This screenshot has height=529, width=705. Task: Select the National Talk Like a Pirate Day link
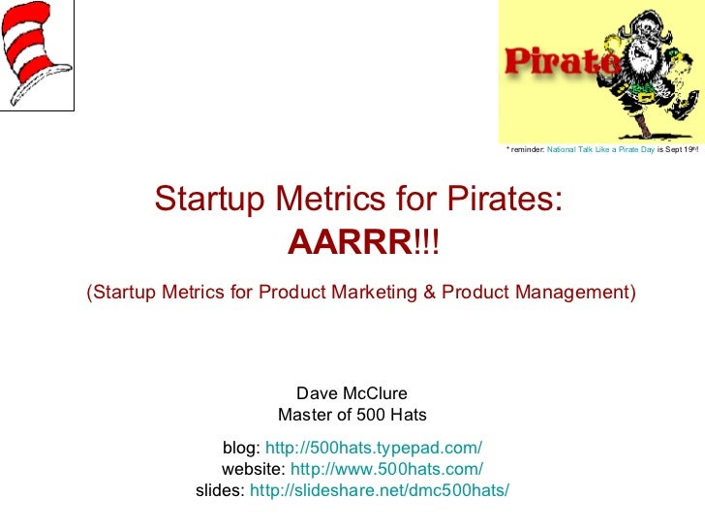click(600, 150)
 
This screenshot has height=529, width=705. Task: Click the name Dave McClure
click(352, 393)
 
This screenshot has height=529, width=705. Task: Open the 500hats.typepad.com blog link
click(373, 448)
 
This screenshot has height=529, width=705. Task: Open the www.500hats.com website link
click(386, 469)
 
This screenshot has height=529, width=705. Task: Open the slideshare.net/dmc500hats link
click(379, 490)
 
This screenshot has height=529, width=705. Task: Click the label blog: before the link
click(241, 448)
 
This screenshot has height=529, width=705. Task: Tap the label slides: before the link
click(221, 490)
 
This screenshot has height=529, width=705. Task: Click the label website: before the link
click(254, 469)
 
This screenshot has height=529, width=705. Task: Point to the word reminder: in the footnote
click(526, 150)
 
